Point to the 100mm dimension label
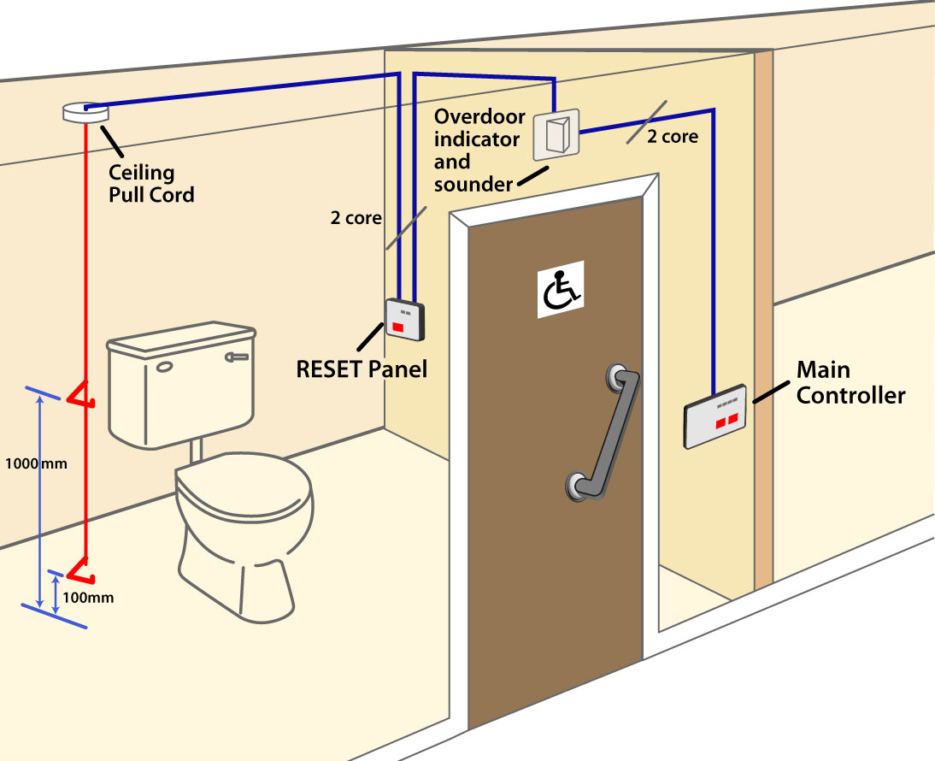[x=90, y=598]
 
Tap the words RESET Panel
[x=361, y=369]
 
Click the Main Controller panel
[x=715, y=416]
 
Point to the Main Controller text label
[x=850, y=382]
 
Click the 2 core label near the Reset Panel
[x=356, y=217]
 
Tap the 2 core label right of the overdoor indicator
[x=673, y=136]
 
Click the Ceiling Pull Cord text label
[x=150, y=183]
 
